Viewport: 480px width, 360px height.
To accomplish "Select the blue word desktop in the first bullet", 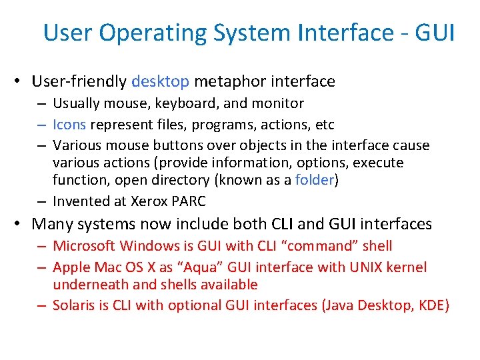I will click(x=161, y=81).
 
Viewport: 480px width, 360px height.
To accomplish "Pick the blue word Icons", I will click(x=69, y=125).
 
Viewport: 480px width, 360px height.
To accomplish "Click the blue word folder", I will click(x=314, y=180).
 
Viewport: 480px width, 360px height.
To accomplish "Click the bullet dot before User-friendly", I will click(x=22, y=82).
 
